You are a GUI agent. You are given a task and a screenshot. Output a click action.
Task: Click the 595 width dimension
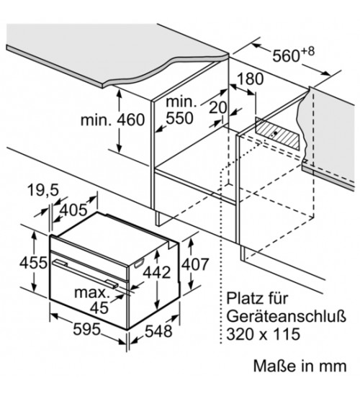point(86,329)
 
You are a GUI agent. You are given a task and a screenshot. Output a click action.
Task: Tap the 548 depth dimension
point(158,330)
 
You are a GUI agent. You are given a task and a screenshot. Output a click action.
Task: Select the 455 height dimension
point(33,262)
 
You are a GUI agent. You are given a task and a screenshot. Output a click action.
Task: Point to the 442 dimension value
point(157,272)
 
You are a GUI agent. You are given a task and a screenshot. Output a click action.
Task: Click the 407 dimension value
point(195,264)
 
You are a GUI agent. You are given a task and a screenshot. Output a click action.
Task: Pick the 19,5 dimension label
point(43,190)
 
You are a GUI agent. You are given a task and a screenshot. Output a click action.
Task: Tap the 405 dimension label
point(74,210)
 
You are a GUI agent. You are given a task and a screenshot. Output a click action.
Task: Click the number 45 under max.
point(99,307)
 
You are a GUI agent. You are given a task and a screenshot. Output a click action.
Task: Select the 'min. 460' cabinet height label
point(112,120)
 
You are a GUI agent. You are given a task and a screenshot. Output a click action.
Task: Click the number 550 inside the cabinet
point(179,118)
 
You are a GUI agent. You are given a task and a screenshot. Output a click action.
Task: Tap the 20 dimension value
point(218,107)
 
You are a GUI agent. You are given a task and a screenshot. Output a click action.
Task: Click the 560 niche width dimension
point(286,55)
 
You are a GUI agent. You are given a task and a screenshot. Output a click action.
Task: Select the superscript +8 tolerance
point(307,51)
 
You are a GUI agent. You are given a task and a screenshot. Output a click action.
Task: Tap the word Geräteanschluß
point(286,316)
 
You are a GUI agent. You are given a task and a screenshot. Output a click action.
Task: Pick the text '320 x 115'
point(263,334)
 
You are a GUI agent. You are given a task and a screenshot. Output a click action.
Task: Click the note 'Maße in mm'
point(300,366)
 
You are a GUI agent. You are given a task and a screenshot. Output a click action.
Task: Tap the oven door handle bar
point(85,274)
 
